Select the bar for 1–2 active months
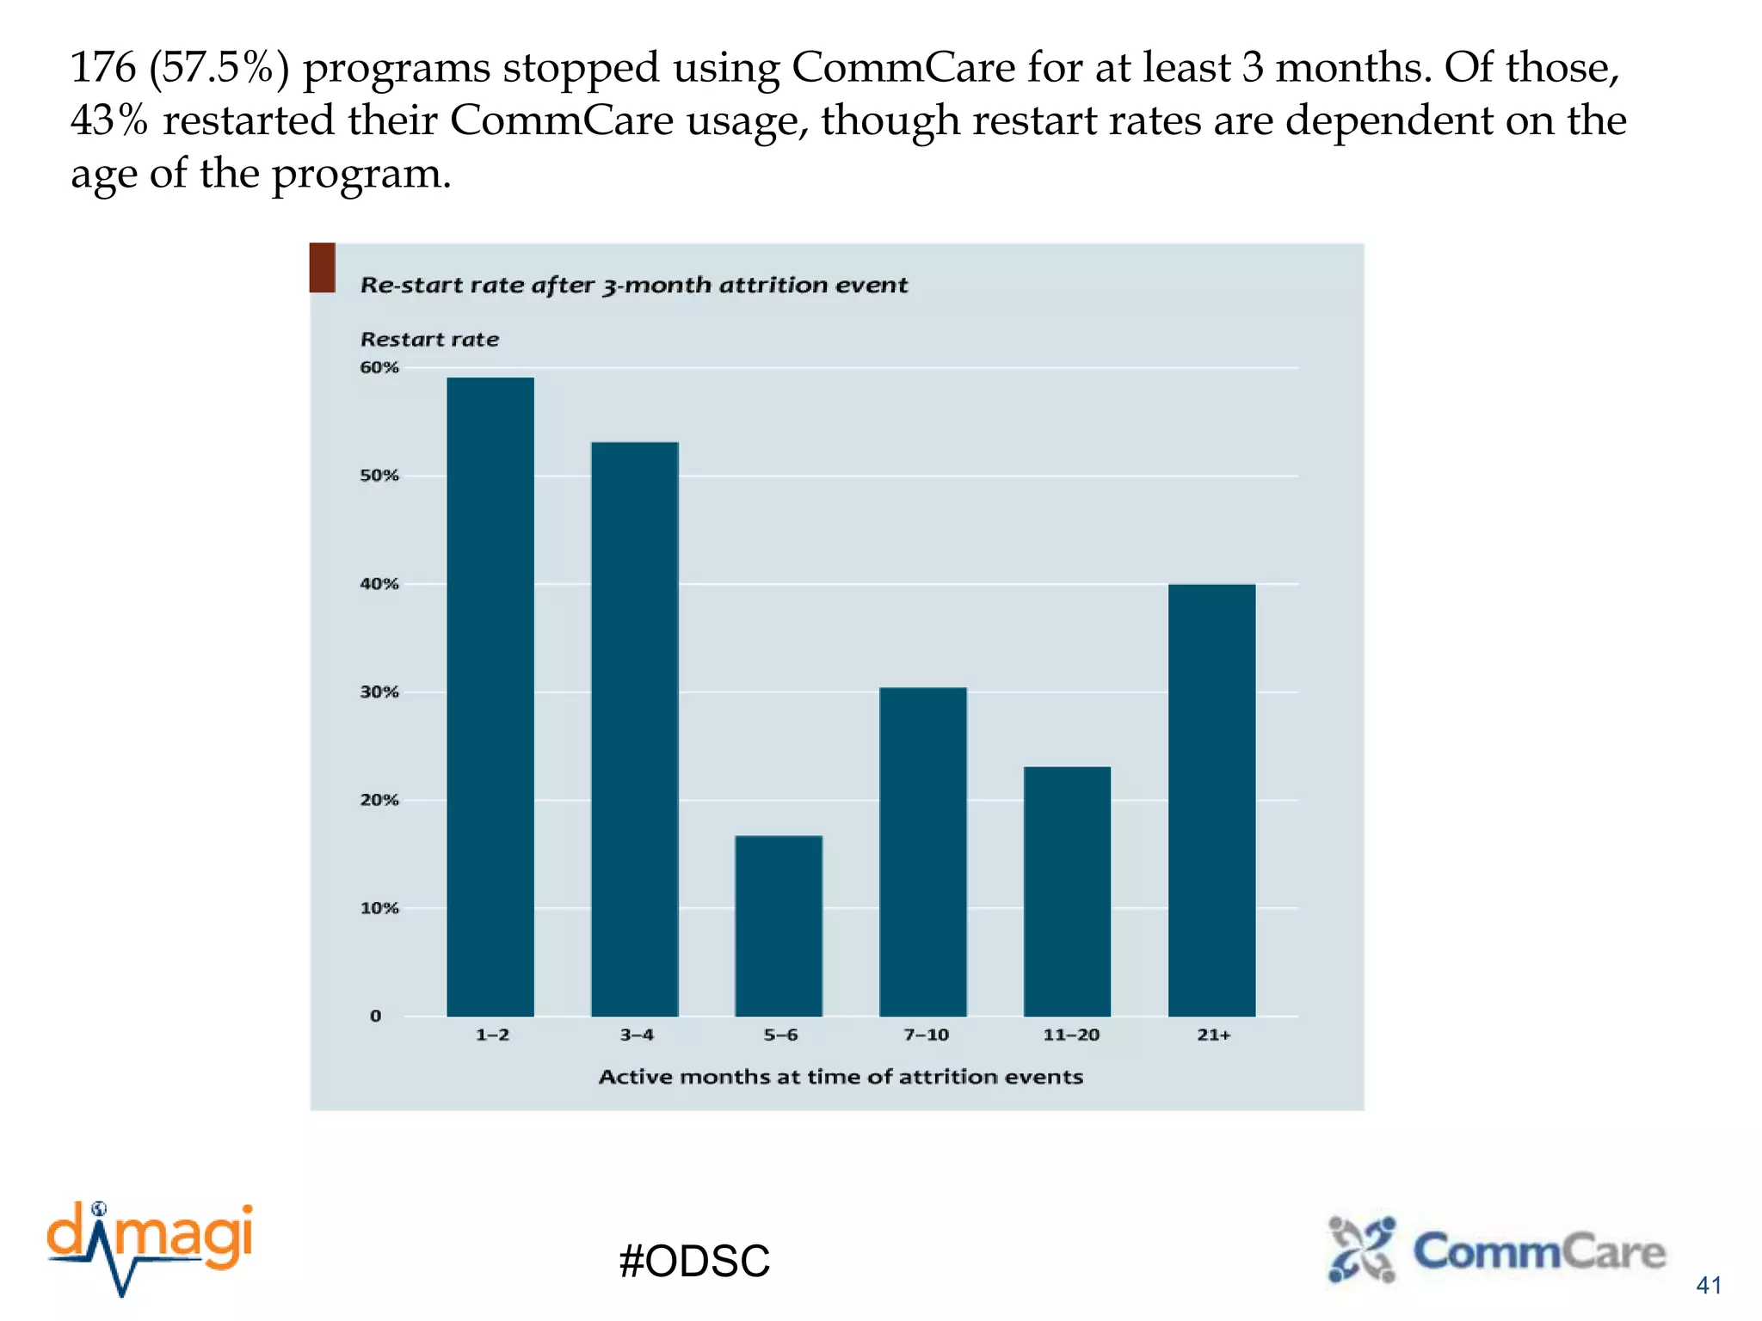490,697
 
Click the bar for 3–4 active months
635,729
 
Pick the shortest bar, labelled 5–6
779,925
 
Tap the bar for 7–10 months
923,851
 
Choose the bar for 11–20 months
1067,891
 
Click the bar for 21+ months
1211,800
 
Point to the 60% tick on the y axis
379,368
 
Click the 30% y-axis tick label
379,692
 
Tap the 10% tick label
379,908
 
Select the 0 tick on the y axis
376,1017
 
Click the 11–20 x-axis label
1071,1035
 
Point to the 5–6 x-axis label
780,1035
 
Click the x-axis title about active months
841,1077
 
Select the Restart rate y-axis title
429,340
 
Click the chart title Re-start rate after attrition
633,286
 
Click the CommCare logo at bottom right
1497,1250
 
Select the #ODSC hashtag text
694,1261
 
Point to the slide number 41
1708,1286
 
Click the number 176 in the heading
103,68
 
